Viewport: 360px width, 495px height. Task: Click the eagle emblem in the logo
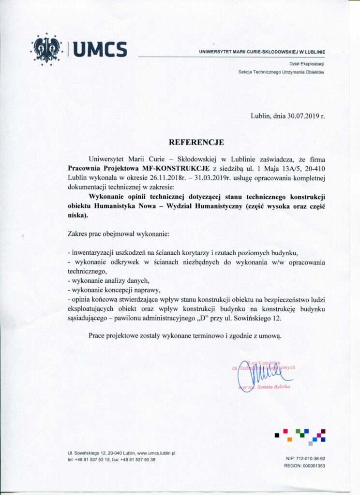click(x=47, y=49)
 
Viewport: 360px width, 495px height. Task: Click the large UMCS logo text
click(x=101, y=49)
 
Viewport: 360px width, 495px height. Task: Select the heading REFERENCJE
click(x=196, y=143)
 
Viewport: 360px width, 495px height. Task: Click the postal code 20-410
click(x=313, y=169)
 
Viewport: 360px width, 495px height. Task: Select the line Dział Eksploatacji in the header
click(x=307, y=63)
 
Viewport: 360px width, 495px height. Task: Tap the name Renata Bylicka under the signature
click(x=275, y=387)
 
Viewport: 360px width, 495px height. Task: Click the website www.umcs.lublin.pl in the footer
click(x=156, y=453)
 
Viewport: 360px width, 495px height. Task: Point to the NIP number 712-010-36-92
click(x=310, y=458)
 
